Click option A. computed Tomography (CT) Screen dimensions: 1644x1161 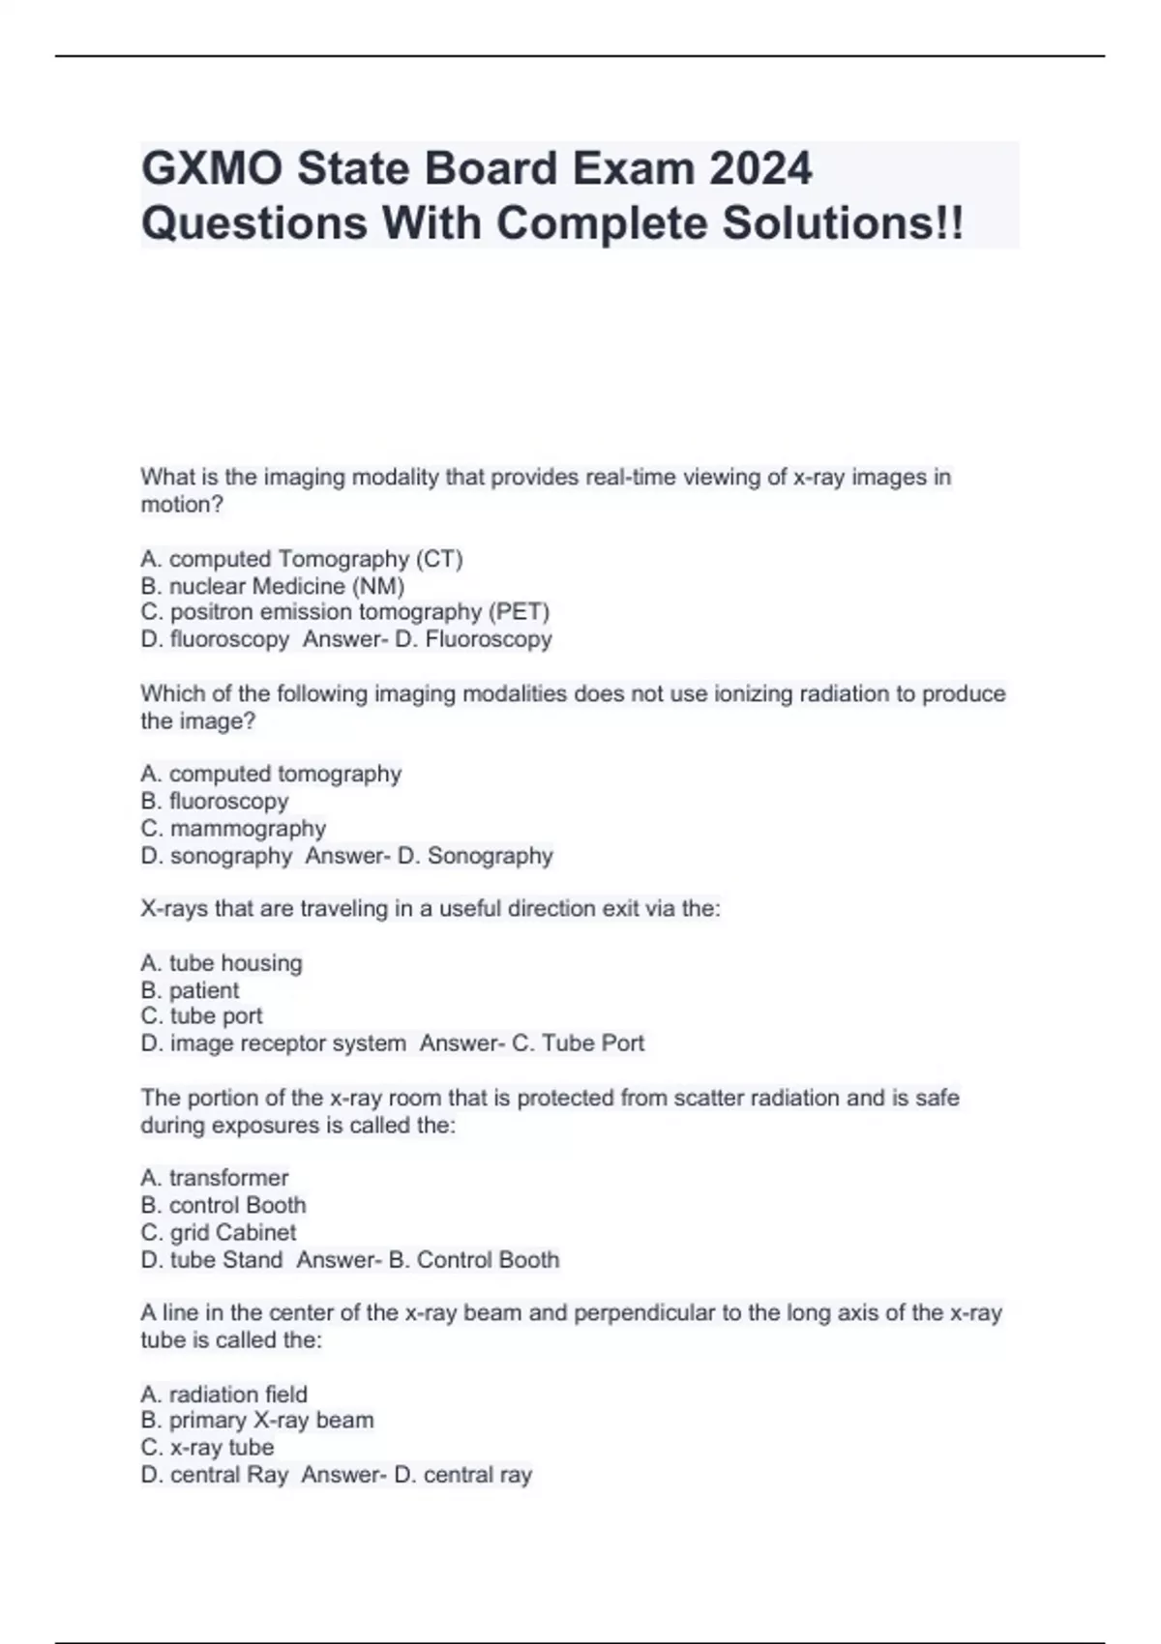coord(302,559)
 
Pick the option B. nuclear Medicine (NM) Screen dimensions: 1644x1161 coord(273,586)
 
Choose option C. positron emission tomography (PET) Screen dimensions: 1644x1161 coord(345,612)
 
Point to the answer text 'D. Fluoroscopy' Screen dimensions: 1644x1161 coord(473,639)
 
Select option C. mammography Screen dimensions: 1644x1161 coord(233,829)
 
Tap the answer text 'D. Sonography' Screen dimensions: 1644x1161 coord(475,856)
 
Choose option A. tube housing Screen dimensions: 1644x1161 coord(222,963)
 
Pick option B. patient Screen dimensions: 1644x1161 coord(190,990)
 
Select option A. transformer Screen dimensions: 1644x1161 coord(215,1178)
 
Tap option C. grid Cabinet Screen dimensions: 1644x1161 coord(219,1232)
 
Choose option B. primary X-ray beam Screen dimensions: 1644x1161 coord(257,1421)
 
